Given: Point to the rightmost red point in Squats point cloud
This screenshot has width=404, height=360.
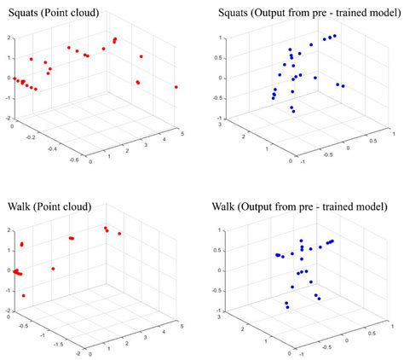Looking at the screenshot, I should click(x=176, y=87).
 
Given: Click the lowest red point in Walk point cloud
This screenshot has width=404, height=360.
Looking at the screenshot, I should click(x=23, y=296).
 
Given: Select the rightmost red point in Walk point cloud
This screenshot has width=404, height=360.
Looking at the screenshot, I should click(x=119, y=234).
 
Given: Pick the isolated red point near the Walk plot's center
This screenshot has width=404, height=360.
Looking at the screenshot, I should click(x=53, y=269).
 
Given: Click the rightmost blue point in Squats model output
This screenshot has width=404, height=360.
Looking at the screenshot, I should click(x=343, y=86).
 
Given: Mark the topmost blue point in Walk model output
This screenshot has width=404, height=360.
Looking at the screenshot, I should click(x=301, y=241).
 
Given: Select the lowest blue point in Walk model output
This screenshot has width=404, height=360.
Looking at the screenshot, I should click(x=288, y=307).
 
